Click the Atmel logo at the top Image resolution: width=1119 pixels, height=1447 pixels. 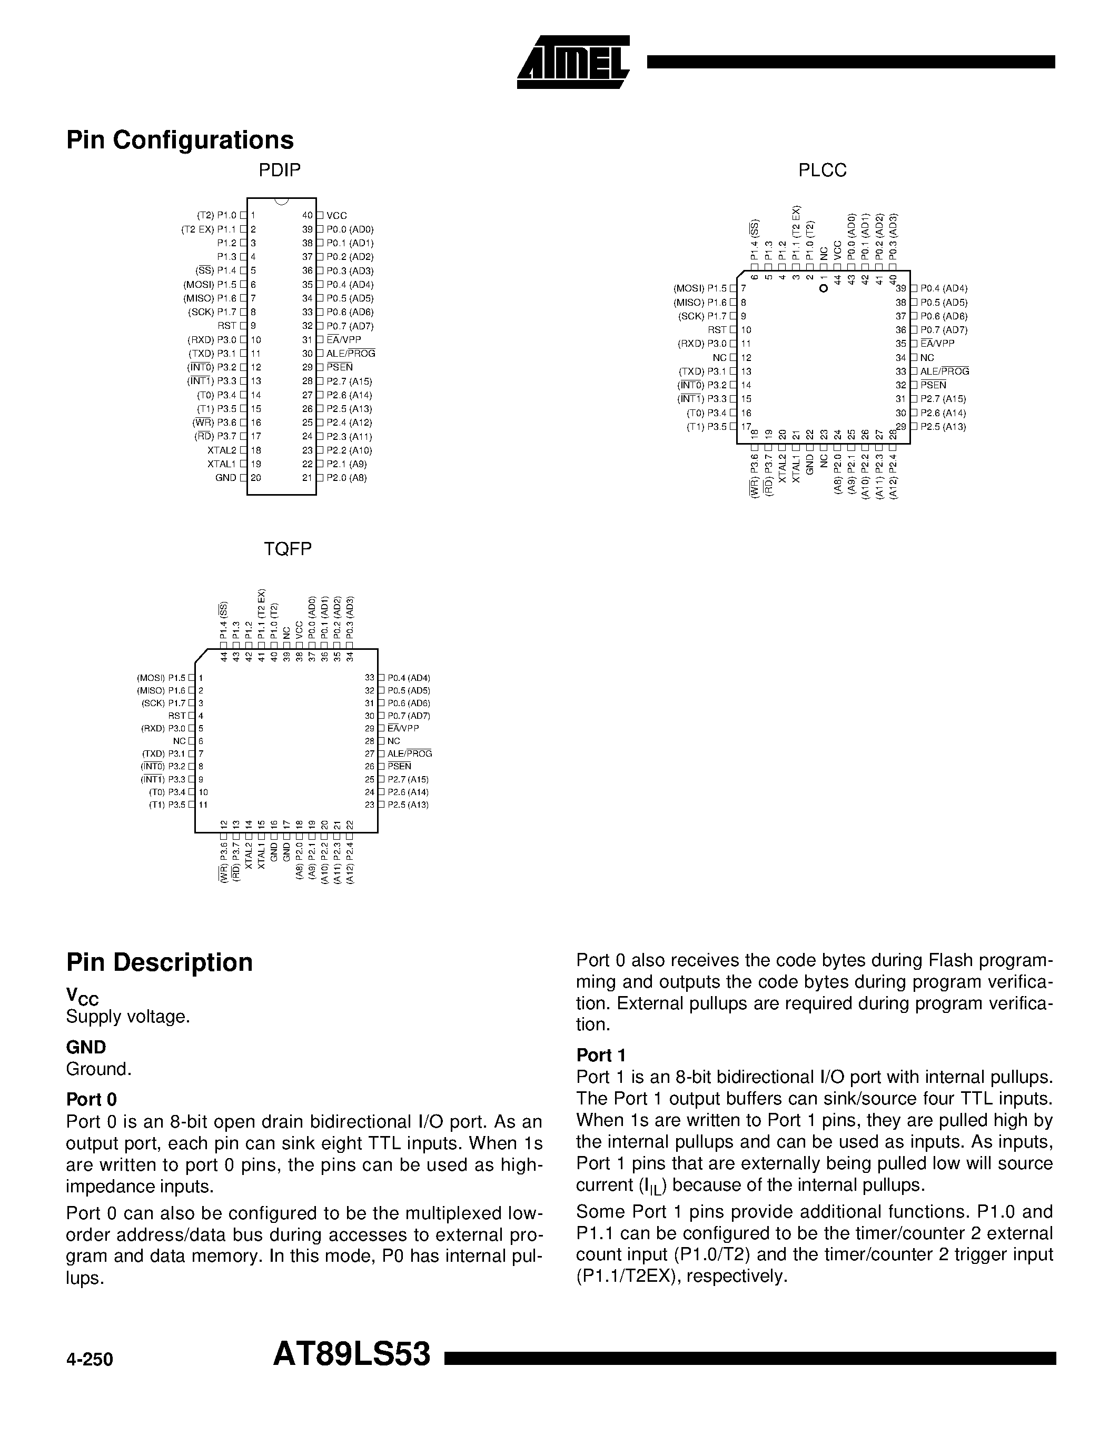[573, 62]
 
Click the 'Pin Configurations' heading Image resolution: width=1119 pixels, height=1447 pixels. [180, 140]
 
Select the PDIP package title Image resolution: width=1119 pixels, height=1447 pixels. [280, 170]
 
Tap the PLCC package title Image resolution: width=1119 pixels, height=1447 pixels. [822, 170]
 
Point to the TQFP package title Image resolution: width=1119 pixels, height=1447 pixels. [288, 549]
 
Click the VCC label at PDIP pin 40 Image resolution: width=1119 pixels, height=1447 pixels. [337, 215]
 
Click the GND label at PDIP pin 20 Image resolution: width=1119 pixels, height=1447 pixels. [226, 478]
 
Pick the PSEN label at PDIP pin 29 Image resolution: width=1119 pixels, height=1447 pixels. [340, 367]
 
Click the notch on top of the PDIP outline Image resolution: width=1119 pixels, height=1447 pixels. [281, 201]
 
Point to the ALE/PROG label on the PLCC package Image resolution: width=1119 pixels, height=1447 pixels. [945, 371]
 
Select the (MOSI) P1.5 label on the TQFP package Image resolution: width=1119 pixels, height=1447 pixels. [161, 678]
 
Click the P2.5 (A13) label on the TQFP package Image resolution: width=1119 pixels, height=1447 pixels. [408, 805]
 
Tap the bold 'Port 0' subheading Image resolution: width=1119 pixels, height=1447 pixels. [92, 1100]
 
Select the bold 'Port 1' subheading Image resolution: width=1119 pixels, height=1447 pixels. [601, 1056]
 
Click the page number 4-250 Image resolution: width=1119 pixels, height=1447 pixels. [90, 1360]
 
